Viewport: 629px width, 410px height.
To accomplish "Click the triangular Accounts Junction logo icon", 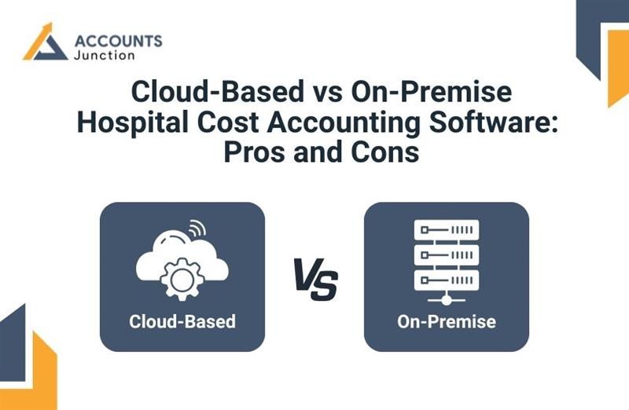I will (46, 42).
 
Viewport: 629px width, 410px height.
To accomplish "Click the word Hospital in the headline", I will (128, 122).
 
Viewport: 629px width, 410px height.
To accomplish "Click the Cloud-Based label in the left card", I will (182, 321).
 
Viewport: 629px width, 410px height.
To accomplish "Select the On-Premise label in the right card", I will (446, 321).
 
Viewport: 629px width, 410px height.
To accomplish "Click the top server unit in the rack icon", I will (446, 230).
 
